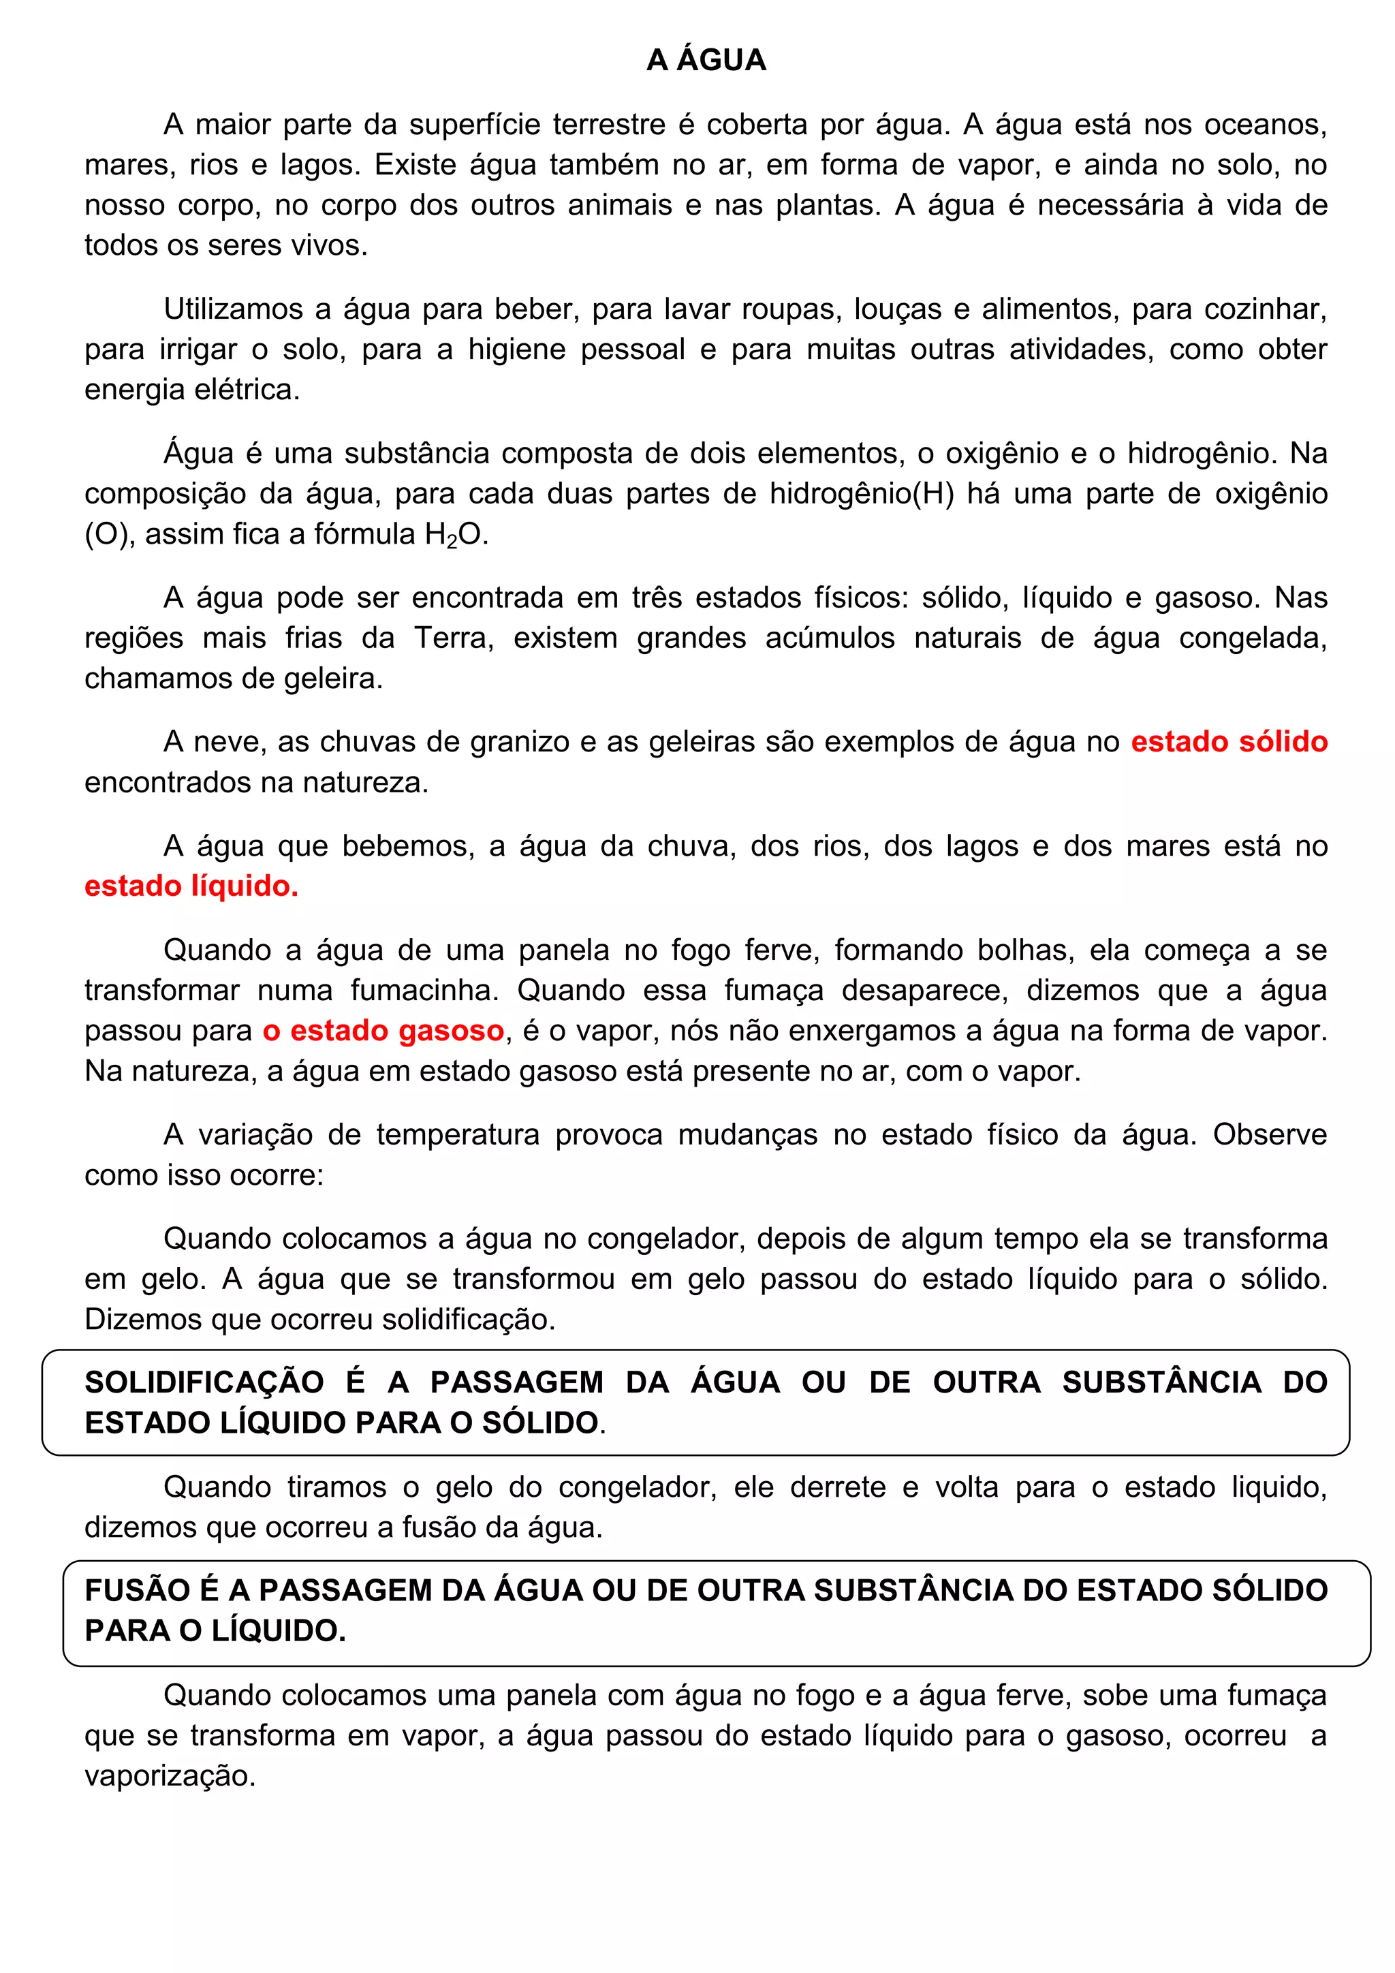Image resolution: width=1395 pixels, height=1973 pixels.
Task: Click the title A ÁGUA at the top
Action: (x=706, y=60)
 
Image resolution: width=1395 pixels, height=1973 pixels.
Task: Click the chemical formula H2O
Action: (x=455, y=535)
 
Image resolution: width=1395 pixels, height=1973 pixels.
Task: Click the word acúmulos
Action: (x=829, y=638)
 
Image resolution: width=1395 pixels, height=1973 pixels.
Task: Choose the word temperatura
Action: (x=458, y=1135)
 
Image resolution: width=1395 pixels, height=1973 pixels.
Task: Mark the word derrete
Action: (x=838, y=1487)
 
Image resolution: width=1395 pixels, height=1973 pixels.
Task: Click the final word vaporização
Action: (x=170, y=1776)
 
